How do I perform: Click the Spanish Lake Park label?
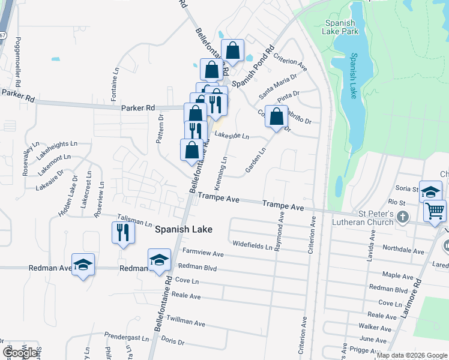[x=340, y=28]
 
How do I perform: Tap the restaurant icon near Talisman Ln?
[x=123, y=233]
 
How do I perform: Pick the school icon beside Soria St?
[x=430, y=191]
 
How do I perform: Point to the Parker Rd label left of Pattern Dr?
[x=138, y=108]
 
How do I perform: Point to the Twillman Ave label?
[x=188, y=322]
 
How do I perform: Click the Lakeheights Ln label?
[x=57, y=144]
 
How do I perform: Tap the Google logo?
[x=20, y=353]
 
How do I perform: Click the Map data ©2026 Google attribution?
[x=412, y=355]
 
